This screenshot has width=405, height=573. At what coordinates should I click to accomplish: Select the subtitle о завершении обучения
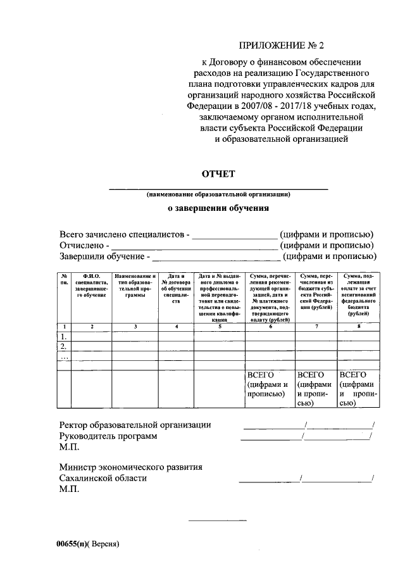tap(218, 207)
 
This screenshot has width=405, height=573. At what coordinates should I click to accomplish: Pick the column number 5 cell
tap(219, 326)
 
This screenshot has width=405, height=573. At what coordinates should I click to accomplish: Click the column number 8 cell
tap(359, 326)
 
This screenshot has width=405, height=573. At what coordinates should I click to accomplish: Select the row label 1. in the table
tap(63, 336)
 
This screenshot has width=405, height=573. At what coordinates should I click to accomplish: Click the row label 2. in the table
tap(63, 347)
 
